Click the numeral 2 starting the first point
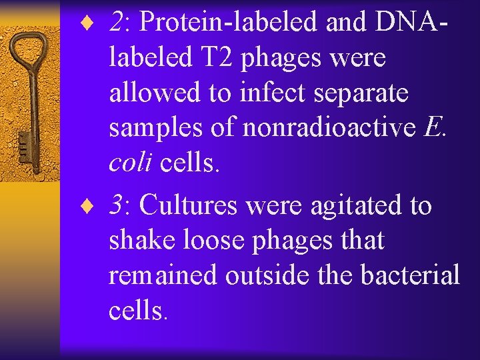pos(119,23)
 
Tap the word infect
pos(262,93)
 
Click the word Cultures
pos(189,206)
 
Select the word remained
pos(163,275)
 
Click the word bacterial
pos(412,274)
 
